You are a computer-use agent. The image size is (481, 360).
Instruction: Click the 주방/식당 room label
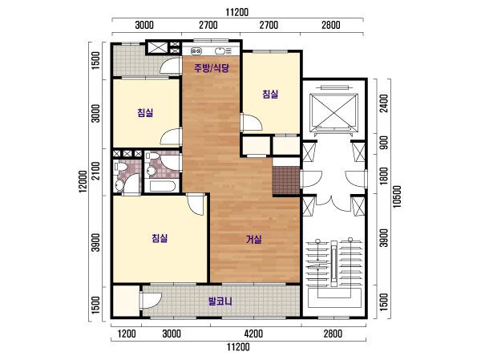click(212, 68)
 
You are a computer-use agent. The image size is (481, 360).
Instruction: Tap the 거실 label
click(254, 239)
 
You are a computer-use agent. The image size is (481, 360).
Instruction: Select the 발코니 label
click(220, 301)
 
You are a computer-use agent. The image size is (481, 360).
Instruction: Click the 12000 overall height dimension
click(83, 181)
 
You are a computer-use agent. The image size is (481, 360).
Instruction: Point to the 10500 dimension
click(397, 196)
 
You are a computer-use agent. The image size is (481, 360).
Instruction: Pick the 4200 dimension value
click(253, 334)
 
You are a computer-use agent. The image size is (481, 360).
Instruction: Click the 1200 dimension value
click(127, 334)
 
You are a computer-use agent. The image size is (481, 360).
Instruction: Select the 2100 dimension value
click(96, 171)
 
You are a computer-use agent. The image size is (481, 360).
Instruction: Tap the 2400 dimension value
click(384, 103)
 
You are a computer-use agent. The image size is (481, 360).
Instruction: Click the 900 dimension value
click(384, 143)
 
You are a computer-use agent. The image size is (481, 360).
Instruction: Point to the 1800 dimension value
click(384, 176)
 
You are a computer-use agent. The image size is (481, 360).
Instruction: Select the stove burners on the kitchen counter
click(196, 51)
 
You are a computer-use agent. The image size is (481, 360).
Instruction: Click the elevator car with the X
click(333, 112)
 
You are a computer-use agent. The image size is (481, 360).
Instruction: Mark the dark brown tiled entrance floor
click(286, 180)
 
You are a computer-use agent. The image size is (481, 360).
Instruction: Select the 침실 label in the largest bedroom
click(160, 238)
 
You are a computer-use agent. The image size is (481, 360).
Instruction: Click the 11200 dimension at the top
click(237, 12)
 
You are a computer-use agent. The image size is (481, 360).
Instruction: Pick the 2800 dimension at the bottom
click(333, 334)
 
